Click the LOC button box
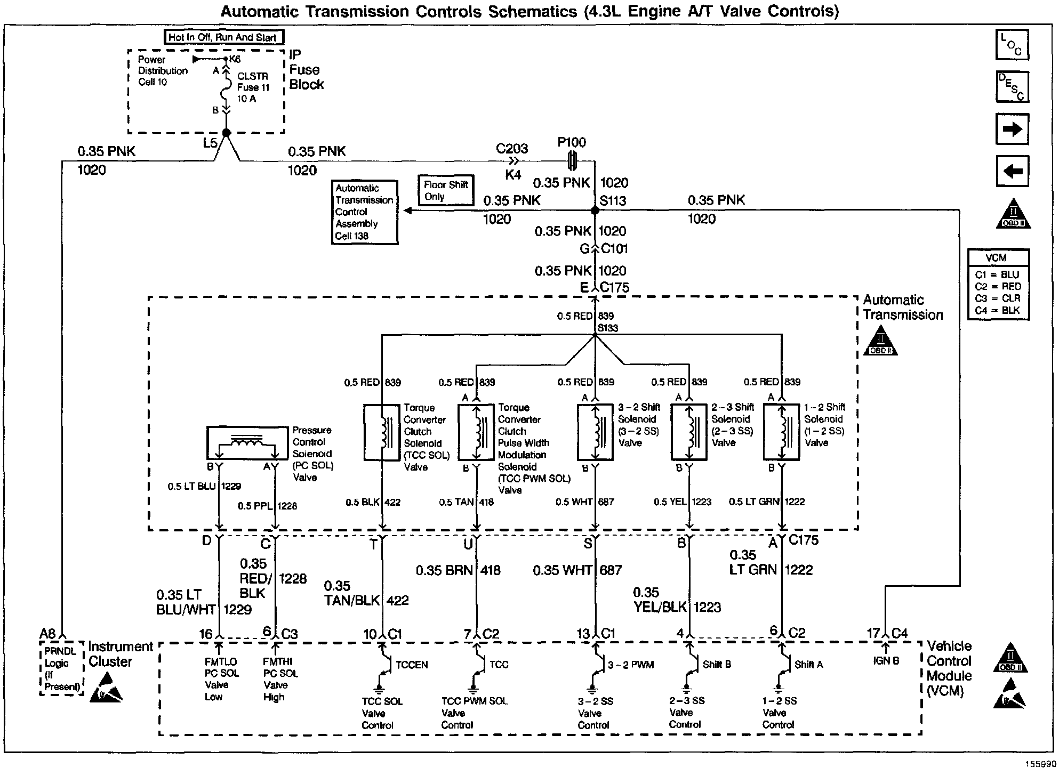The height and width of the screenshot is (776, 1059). (x=1012, y=45)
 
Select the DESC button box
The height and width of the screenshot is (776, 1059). (x=1012, y=87)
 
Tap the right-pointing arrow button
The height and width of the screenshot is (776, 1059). (x=1012, y=129)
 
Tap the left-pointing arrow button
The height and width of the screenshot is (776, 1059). (x=1012, y=171)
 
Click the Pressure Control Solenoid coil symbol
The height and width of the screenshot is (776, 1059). (x=247, y=443)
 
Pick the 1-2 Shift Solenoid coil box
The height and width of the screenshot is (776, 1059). (x=781, y=432)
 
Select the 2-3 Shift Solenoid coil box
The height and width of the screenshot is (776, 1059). (x=688, y=432)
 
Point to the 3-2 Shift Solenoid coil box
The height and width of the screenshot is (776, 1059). (x=595, y=432)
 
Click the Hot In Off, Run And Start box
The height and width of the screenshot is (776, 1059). (x=223, y=37)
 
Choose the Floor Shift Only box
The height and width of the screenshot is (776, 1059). (x=446, y=190)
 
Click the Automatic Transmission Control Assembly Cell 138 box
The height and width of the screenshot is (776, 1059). (x=364, y=212)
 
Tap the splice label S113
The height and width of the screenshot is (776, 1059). (x=613, y=201)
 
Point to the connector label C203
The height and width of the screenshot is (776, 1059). (x=512, y=149)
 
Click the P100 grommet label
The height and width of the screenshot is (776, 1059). (x=572, y=142)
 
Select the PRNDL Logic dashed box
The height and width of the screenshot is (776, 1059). (x=62, y=668)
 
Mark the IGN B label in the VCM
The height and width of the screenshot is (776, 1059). (x=886, y=661)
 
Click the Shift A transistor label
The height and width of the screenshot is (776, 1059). (x=808, y=665)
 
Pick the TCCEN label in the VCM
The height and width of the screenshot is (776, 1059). (x=412, y=665)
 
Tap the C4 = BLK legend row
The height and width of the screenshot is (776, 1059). (x=997, y=310)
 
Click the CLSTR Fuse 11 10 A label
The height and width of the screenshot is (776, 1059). (x=253, y=87)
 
